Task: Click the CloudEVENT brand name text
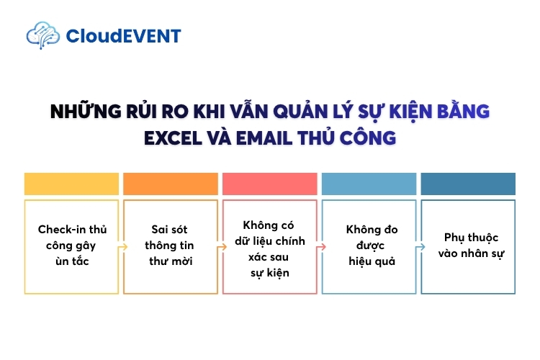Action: (123, 35)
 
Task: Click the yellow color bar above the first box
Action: (71, 184)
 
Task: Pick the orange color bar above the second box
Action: (171, 184)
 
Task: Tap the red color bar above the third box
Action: (270, 184)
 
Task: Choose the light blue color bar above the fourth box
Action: (369, 184)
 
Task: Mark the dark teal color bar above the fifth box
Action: (468, 184)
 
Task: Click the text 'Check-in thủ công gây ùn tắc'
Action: (71, 246)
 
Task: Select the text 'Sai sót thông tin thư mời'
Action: (171, 246)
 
